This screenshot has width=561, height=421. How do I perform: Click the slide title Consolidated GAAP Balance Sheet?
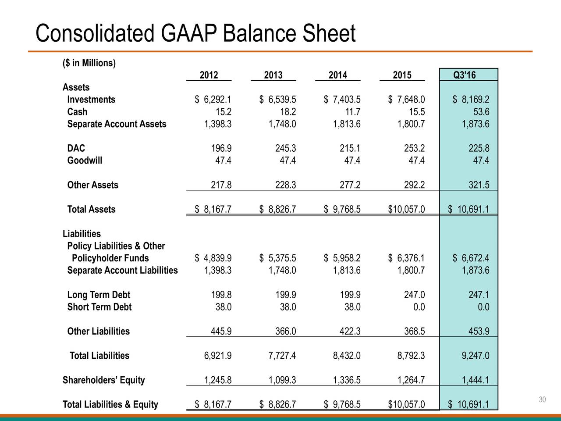(195, 34)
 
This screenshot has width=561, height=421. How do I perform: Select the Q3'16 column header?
(465, 75)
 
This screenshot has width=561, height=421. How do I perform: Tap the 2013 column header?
(273, 75)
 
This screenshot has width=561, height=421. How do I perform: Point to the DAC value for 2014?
(350, 148)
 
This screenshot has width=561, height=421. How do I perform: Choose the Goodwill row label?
(85, 161)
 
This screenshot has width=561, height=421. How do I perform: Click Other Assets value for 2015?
(414, 185)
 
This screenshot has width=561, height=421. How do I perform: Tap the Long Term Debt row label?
(99, 295)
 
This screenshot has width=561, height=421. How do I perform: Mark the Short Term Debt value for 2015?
(419, 307)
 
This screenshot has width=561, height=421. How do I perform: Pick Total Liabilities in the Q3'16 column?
(476, 356)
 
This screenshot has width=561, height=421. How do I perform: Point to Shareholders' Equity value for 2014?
(346, 380)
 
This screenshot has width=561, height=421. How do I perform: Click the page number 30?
(543, 400)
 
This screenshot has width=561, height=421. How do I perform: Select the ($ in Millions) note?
(89, 63)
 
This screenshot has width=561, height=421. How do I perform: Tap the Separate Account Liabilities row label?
(122, 270)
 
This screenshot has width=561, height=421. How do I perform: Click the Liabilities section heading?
(82, 234)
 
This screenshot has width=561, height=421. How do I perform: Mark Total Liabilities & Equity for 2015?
(406, 404)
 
